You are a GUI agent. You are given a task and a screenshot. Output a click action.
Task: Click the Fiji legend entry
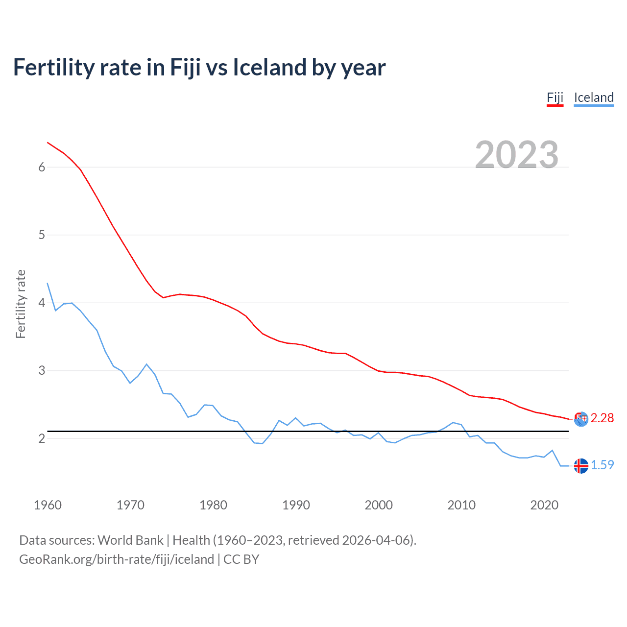[x=555, y=97]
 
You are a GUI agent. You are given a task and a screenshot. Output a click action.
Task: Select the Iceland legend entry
[x=594, y=97]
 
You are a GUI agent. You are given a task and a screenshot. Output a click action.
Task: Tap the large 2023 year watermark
[x=517, y=155]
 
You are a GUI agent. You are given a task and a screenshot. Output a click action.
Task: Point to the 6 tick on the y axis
[x=42, y=167]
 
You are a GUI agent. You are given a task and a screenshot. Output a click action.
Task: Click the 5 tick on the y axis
[x=42, y=235]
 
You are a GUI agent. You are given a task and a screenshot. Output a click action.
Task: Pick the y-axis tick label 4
[x=42, y=303]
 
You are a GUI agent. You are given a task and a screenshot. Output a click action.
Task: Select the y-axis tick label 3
[x=42, y=370]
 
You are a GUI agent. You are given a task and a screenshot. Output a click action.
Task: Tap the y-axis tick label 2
[x=42, y=438]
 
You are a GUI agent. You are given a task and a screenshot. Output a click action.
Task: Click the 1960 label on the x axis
[x=48, y=505]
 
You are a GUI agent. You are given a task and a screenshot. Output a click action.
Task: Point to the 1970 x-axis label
[x=130, y=505]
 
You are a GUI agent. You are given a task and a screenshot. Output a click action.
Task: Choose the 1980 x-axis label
[x=213, y=505]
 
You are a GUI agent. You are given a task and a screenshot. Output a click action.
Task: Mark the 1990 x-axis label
[x=296, y=505]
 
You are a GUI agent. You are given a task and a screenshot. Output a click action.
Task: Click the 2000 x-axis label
[x=379, y=505]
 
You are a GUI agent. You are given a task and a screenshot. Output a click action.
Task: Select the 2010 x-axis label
[x=461, y=505]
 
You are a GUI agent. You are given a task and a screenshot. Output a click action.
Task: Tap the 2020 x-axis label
[x=544, y=505]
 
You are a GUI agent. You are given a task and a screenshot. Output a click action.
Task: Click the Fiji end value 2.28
[x=602, y=418]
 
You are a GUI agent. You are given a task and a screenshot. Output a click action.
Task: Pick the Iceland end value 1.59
[x=602, y=465]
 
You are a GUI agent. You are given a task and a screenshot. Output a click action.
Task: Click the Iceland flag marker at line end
[x=581, y=466]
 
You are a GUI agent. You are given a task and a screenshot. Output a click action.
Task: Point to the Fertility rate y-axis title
[x=21, y=304]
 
